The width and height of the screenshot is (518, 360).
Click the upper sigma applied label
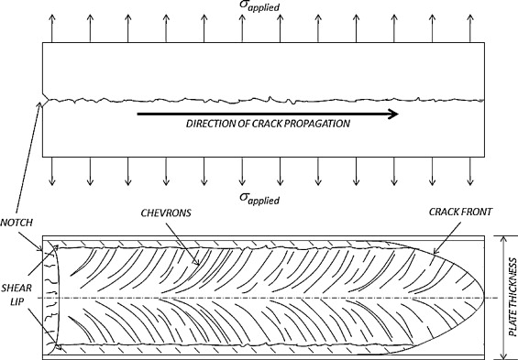point(259,5)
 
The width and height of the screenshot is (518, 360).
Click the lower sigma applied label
point(259,199)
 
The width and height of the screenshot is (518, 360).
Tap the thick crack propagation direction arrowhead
point(392,114)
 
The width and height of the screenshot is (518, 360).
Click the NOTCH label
point(17,223)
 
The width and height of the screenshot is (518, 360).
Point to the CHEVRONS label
point(166,213)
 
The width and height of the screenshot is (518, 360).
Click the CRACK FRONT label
point(460,212)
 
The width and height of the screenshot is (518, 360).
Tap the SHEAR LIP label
point(17,295)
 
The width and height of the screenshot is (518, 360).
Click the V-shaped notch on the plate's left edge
point(45,99)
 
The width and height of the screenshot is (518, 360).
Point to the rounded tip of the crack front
point(483,299)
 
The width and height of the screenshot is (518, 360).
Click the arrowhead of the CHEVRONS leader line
point(197,263)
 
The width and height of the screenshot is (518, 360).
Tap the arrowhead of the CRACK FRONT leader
point(435,251)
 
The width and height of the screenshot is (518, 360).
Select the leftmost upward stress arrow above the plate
point(52,28)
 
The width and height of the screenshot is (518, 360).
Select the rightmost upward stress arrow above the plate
point(469,28)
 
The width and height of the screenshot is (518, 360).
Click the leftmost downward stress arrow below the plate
point(52,171)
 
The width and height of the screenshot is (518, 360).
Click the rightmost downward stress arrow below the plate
point(469,171)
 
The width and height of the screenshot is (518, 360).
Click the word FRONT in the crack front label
point(477,212)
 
